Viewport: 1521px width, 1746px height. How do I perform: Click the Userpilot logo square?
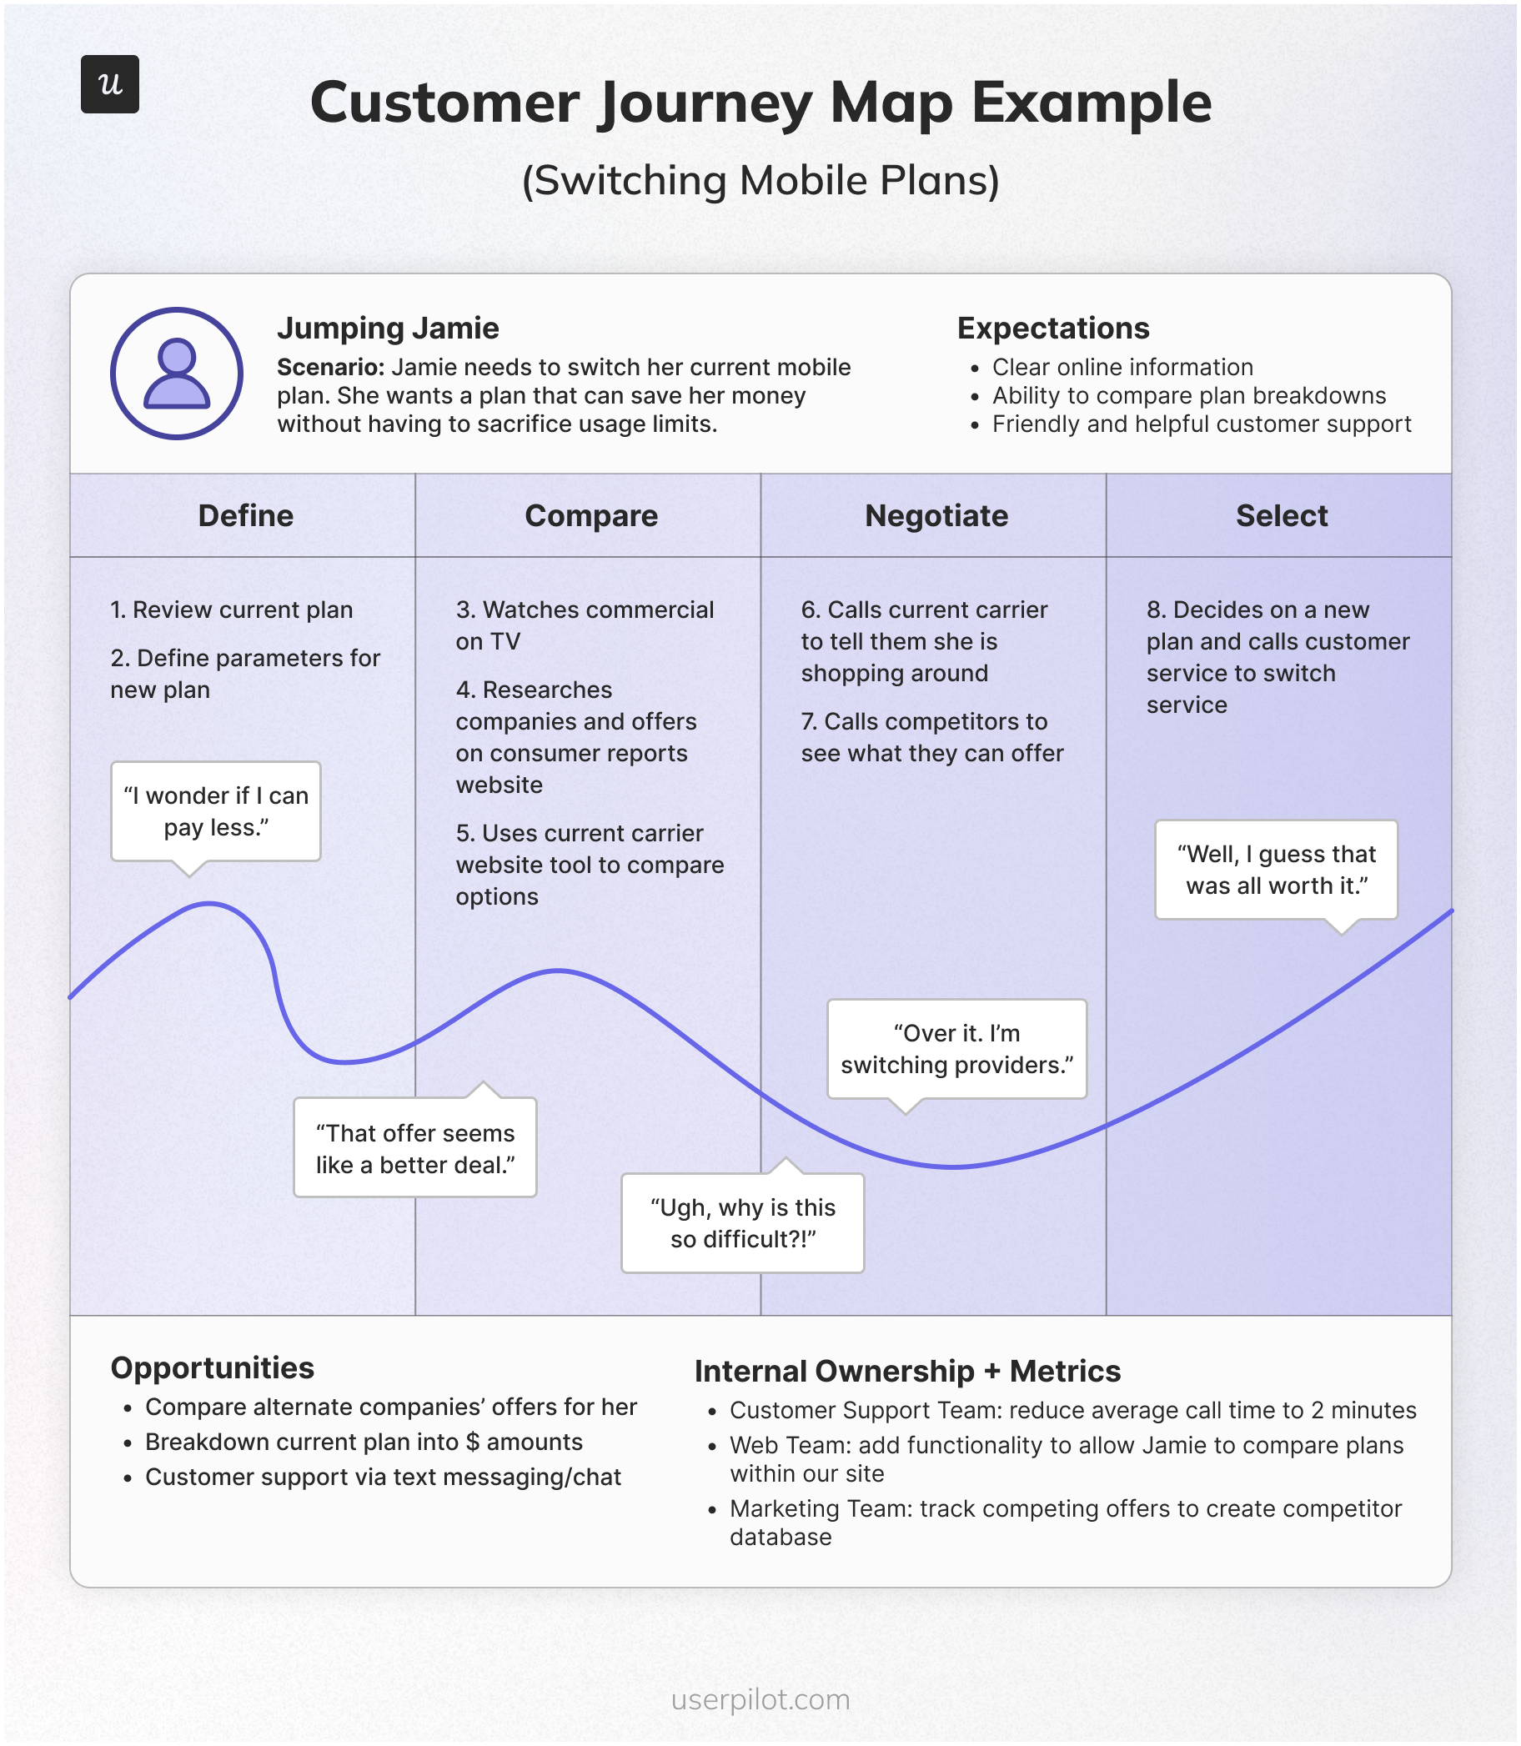pyautogui.click(x=109, y=84)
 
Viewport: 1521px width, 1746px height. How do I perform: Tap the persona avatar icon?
pyautogui.click(x=177, y=374)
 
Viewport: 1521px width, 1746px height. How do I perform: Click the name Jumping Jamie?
pyautogui.click(x=388, y=329)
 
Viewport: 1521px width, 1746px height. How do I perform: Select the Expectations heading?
pyautogui.click(x=1052, y=329)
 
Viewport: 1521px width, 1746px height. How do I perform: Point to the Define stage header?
pyautogui.click(x=245, y=515)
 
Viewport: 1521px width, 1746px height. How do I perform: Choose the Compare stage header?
pyautogui.click(x=590, y=515)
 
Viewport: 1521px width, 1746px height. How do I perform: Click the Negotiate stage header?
pyautogui.click(x=936, y=515)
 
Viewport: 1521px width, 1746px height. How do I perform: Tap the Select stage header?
pyautogui.click(x=1281, y=515)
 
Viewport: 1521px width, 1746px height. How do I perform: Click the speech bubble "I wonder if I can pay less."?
pyautogui.click(x=216, y=811)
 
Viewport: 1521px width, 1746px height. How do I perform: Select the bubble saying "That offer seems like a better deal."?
pyautogui.click(x=415, y=1147)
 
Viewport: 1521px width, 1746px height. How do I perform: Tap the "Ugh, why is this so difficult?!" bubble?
pyautogui.click(x=743, y=1222)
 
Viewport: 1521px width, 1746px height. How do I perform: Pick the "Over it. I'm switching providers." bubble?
pyautogui.click(x=956, y=1048)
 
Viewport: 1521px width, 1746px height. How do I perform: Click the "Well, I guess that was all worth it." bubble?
pyautogui.click(x=1276, y=869)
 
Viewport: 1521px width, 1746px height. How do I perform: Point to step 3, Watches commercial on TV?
pyautogui.click(x=584, y=625)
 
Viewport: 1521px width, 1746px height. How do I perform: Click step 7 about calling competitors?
pyautogui.click(x=931, y=737)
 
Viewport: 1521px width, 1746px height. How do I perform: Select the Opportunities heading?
pyautogui.click(x=212, y=1367)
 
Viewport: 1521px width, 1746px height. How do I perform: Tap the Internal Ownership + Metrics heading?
pyautogui.click(x=906, y=1371)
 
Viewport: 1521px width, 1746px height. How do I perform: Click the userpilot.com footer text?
pyautogui.click(x=760, y=1699)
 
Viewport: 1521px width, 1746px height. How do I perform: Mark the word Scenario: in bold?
pyautogui.click(x=331, y=368)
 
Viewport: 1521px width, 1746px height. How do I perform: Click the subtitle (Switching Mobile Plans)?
pyautogui.click(x=760, y=180)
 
